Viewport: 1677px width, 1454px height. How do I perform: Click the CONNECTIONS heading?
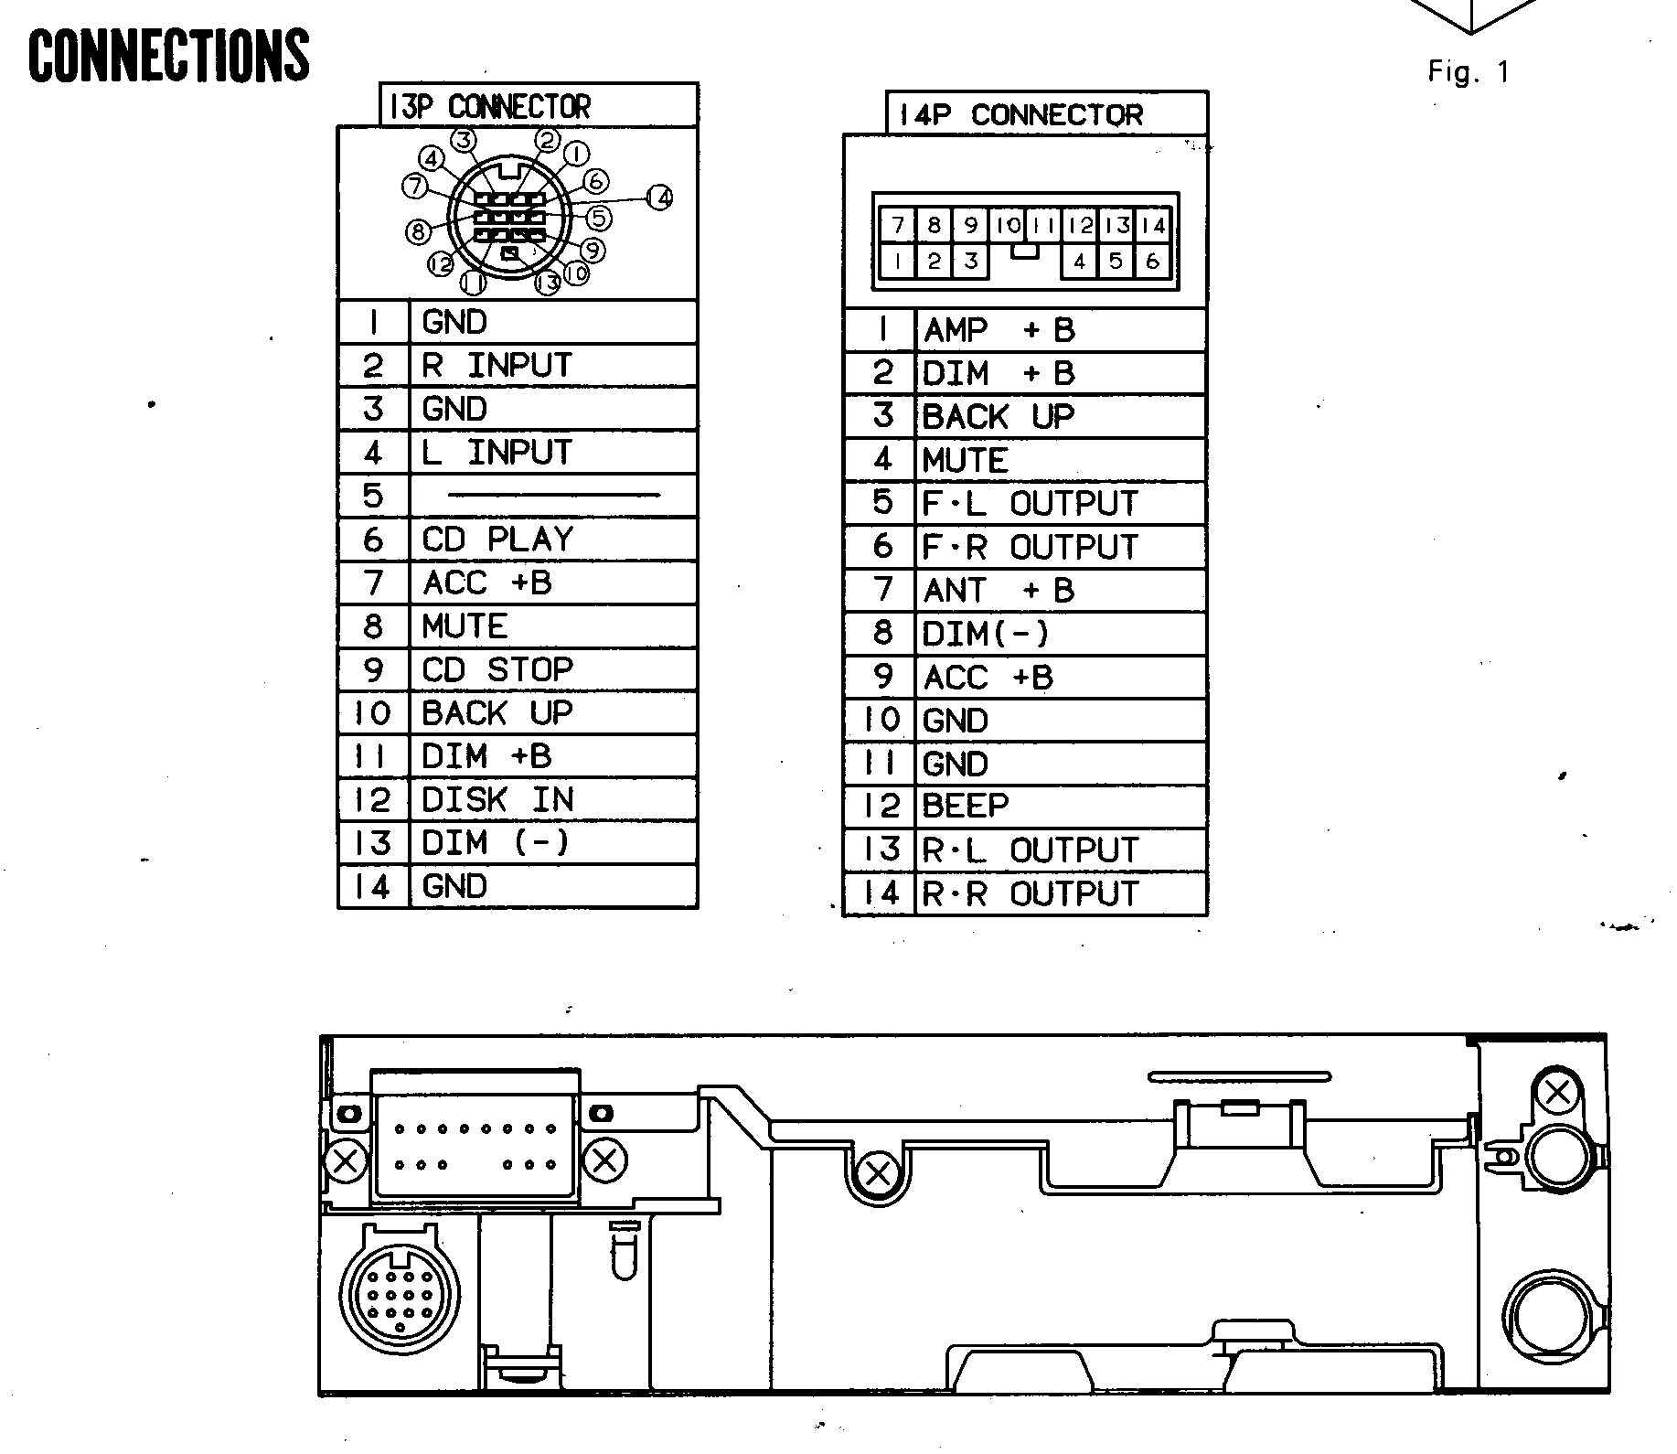click(169, 55)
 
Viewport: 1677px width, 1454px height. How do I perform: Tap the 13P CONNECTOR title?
click(489, 107)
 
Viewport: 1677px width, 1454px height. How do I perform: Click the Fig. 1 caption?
click(1469, 72)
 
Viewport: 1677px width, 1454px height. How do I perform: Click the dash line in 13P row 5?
click(554, 496)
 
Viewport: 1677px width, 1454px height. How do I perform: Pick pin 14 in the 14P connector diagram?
click(1154, 225)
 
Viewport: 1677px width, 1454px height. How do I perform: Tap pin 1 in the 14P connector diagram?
click(898, 262)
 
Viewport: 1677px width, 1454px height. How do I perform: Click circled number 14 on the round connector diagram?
click(660, 197)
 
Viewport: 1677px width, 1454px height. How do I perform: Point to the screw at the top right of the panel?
click(1556, 1092)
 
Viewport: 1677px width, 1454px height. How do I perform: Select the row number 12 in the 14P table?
click(881, 806)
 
